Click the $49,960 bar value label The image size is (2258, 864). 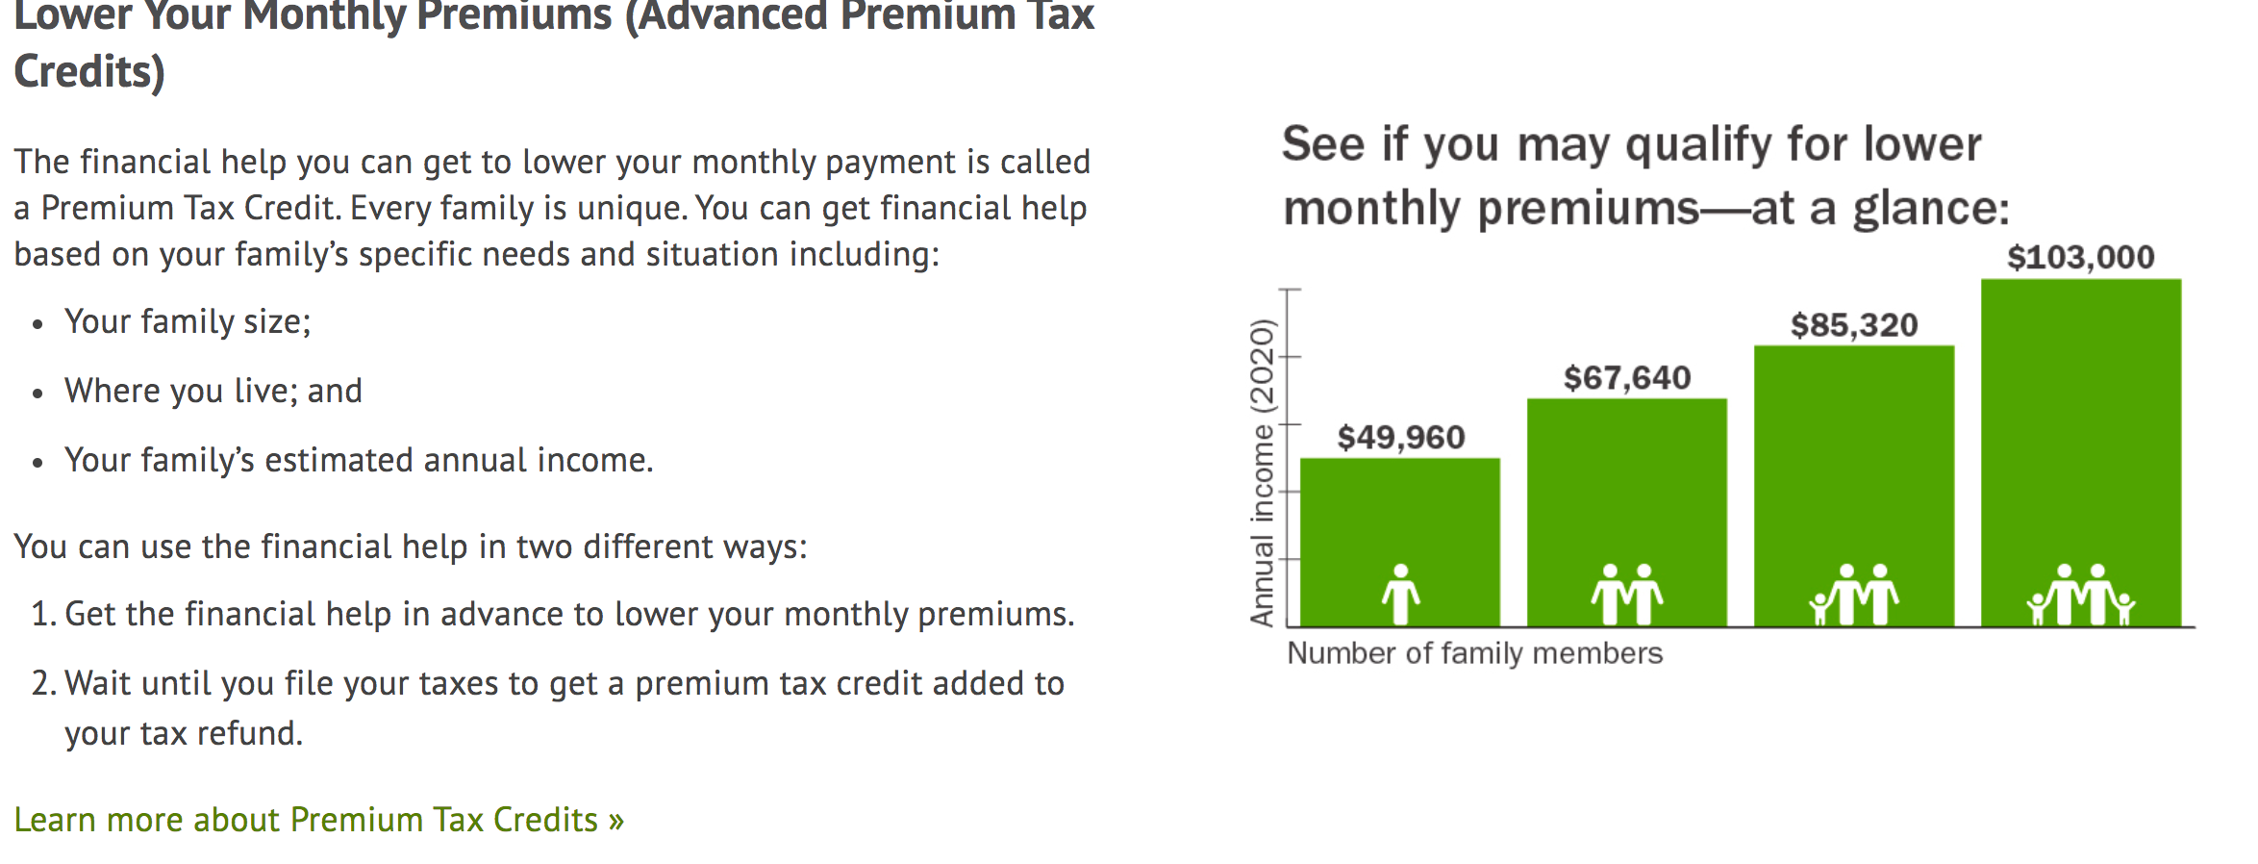pos(1401,438)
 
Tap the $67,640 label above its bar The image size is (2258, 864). pos(1627,378)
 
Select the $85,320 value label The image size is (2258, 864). pos(1854,325)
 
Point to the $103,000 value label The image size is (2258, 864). pos(2081,257)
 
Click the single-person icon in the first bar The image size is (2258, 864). pos(1401,595)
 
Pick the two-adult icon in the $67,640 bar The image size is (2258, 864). pos(1627,595)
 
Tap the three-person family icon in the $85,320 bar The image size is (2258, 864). pos(1853,595)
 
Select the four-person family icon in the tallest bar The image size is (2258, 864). pos(2081,595)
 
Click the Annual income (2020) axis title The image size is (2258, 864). pos(1262,472)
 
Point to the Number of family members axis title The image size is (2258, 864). pos(1475,653)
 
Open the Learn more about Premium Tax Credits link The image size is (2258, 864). pos(319,820)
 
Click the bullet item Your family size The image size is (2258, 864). pos(188,322)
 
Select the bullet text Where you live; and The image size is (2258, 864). pos(213,391)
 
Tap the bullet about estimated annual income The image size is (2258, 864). pos(359,461)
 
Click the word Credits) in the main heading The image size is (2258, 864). pos(89,72)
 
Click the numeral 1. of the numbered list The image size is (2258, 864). pos(43,614)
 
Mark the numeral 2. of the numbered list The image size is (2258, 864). pos(43,683)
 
